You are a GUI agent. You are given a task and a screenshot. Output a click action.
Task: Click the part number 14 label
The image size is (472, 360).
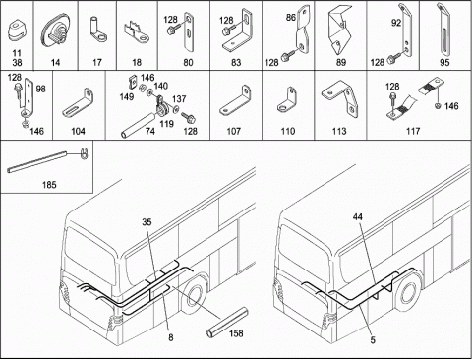click(x=55, y=62)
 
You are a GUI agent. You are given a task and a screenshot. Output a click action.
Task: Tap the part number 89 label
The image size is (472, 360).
click(x=341, y=62)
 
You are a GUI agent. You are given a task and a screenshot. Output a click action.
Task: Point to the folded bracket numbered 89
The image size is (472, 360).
click(x=340, y=30)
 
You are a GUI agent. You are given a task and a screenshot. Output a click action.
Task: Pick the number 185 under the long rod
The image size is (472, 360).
click(x=49, y=185)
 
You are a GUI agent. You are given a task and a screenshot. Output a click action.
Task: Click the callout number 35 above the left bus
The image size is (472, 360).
click(x=147, y=222)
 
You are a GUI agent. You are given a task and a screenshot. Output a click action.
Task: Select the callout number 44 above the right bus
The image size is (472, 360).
click(x=358, y=216)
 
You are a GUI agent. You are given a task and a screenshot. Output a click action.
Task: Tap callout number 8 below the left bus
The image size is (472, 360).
click(x=171, y=337)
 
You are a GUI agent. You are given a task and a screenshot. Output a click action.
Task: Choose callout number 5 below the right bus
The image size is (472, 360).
click(x=373, y=340)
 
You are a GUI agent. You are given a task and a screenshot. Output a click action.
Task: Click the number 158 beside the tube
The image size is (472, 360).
click(x=236, y=333)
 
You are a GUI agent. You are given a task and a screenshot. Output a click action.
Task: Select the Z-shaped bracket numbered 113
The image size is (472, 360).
click(x=340, y=100)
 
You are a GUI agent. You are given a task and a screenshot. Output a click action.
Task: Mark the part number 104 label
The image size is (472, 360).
click(x=78, y=131)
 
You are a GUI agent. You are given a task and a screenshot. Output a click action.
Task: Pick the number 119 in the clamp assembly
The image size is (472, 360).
click(x=166, y=124)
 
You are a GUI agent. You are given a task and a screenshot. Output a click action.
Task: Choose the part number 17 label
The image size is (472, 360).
click(x=97, y=62)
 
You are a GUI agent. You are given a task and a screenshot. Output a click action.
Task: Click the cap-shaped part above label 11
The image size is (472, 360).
click(x=16, y=30)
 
